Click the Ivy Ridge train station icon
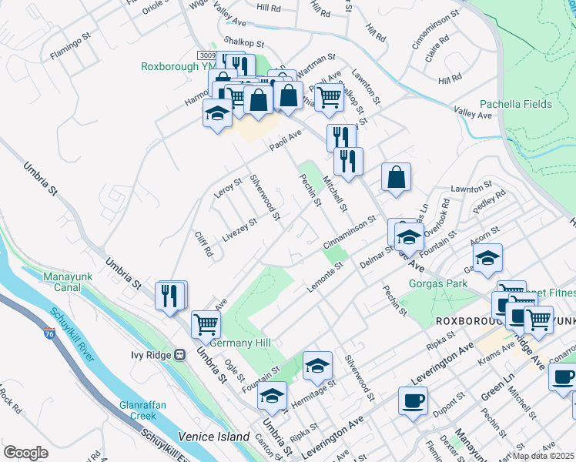tap(179, 355)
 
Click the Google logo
tap(25, 453)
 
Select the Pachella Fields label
tap(515, 104)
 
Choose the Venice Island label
tap(213, 437)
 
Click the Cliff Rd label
tap(203, 245)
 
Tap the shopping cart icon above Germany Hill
tap(206, 325)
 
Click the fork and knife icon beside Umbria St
tap(169, 296)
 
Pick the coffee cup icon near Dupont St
tap(413, 401)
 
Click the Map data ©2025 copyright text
tap(544, 456)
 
